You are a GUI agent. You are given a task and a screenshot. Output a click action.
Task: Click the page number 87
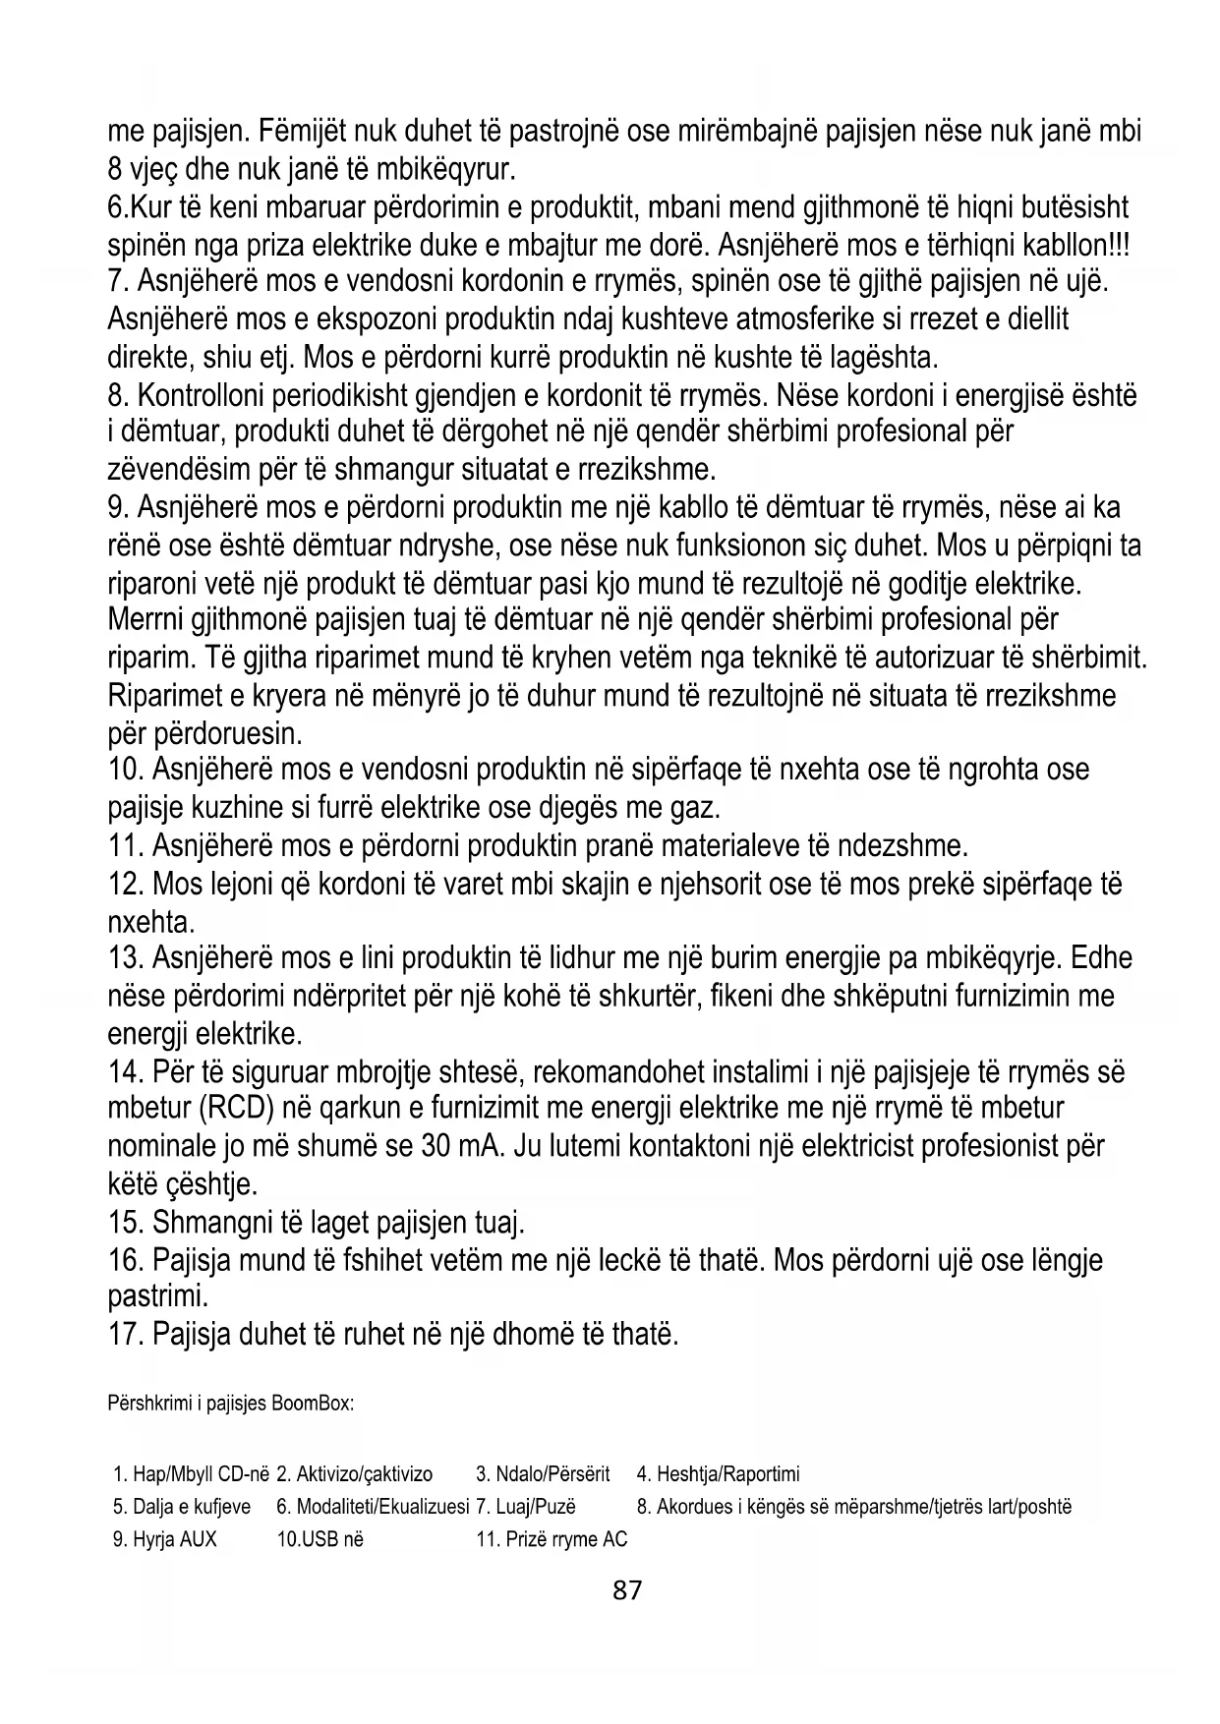pyautogui.click(x=626, y=1589)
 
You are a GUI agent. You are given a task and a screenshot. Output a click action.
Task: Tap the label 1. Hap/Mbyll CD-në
pyautogui.click(x=192, y=1474)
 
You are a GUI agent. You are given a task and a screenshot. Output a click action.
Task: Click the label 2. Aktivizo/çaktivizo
pyautogui.click(x=355, y=1474)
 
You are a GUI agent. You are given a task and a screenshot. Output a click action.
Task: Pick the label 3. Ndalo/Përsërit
pyautogui.click(x=543, y=1474)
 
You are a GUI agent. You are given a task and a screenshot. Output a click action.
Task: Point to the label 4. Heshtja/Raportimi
pyautogui.click(x=718, y=1474)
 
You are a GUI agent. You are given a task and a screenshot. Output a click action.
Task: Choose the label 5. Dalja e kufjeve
pyautogui.click(x=182, y=1507)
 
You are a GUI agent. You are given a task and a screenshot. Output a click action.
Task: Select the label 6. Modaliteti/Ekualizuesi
pyautogui.click(x=373, y=1507)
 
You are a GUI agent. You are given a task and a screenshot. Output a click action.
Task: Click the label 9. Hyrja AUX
pyautogui.click(x=165, y=1539)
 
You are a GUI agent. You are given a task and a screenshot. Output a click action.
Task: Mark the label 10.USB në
pyautogui.click(x=320, y=1539)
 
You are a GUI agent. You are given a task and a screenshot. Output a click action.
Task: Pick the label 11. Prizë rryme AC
pyautogui.click(x=552, y=1539)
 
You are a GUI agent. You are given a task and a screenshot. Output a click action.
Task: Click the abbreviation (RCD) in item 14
pyautogui.click(x=236, y=1109)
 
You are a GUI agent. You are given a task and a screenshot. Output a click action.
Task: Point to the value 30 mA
pyautogui.click(x=457, y=1146)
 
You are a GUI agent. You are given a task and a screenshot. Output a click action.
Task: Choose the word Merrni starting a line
pyautogui.click(x=149, y=620)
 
